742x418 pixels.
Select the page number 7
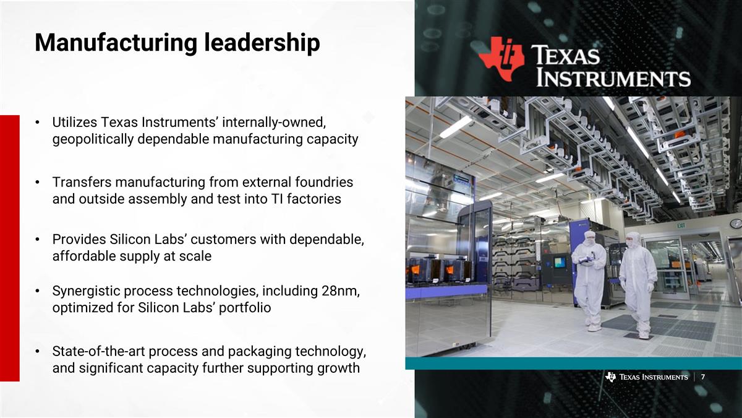[x=704, y=378]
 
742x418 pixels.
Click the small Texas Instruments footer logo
[x=646, y=378]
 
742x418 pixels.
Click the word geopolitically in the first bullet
[x=93, y=139]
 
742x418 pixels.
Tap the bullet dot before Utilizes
[x=38, y=122]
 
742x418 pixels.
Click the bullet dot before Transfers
[x=38, y=183]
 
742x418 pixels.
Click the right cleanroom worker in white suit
[x=638, y=282]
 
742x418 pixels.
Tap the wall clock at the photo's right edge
[x=736, y=224]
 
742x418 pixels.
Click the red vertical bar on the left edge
[x=9, y=248]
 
